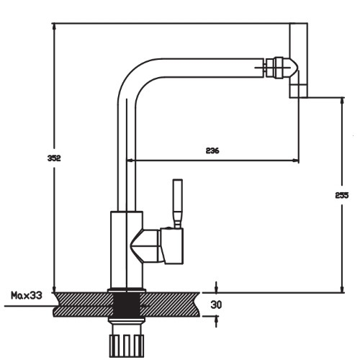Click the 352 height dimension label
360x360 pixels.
54,158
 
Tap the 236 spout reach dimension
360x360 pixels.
212,150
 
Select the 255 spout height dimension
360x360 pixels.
342,195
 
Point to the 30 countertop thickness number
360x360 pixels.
216,305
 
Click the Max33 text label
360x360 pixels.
27,295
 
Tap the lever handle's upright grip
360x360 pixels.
178,204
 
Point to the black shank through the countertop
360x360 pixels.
127,305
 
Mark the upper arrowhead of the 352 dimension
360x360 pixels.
54,27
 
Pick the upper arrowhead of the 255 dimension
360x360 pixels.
343,101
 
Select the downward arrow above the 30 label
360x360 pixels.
216,287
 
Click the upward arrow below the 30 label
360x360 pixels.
216,322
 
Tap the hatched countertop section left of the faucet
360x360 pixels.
83,305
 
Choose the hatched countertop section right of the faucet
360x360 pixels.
170,305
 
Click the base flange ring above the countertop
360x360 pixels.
127,290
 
